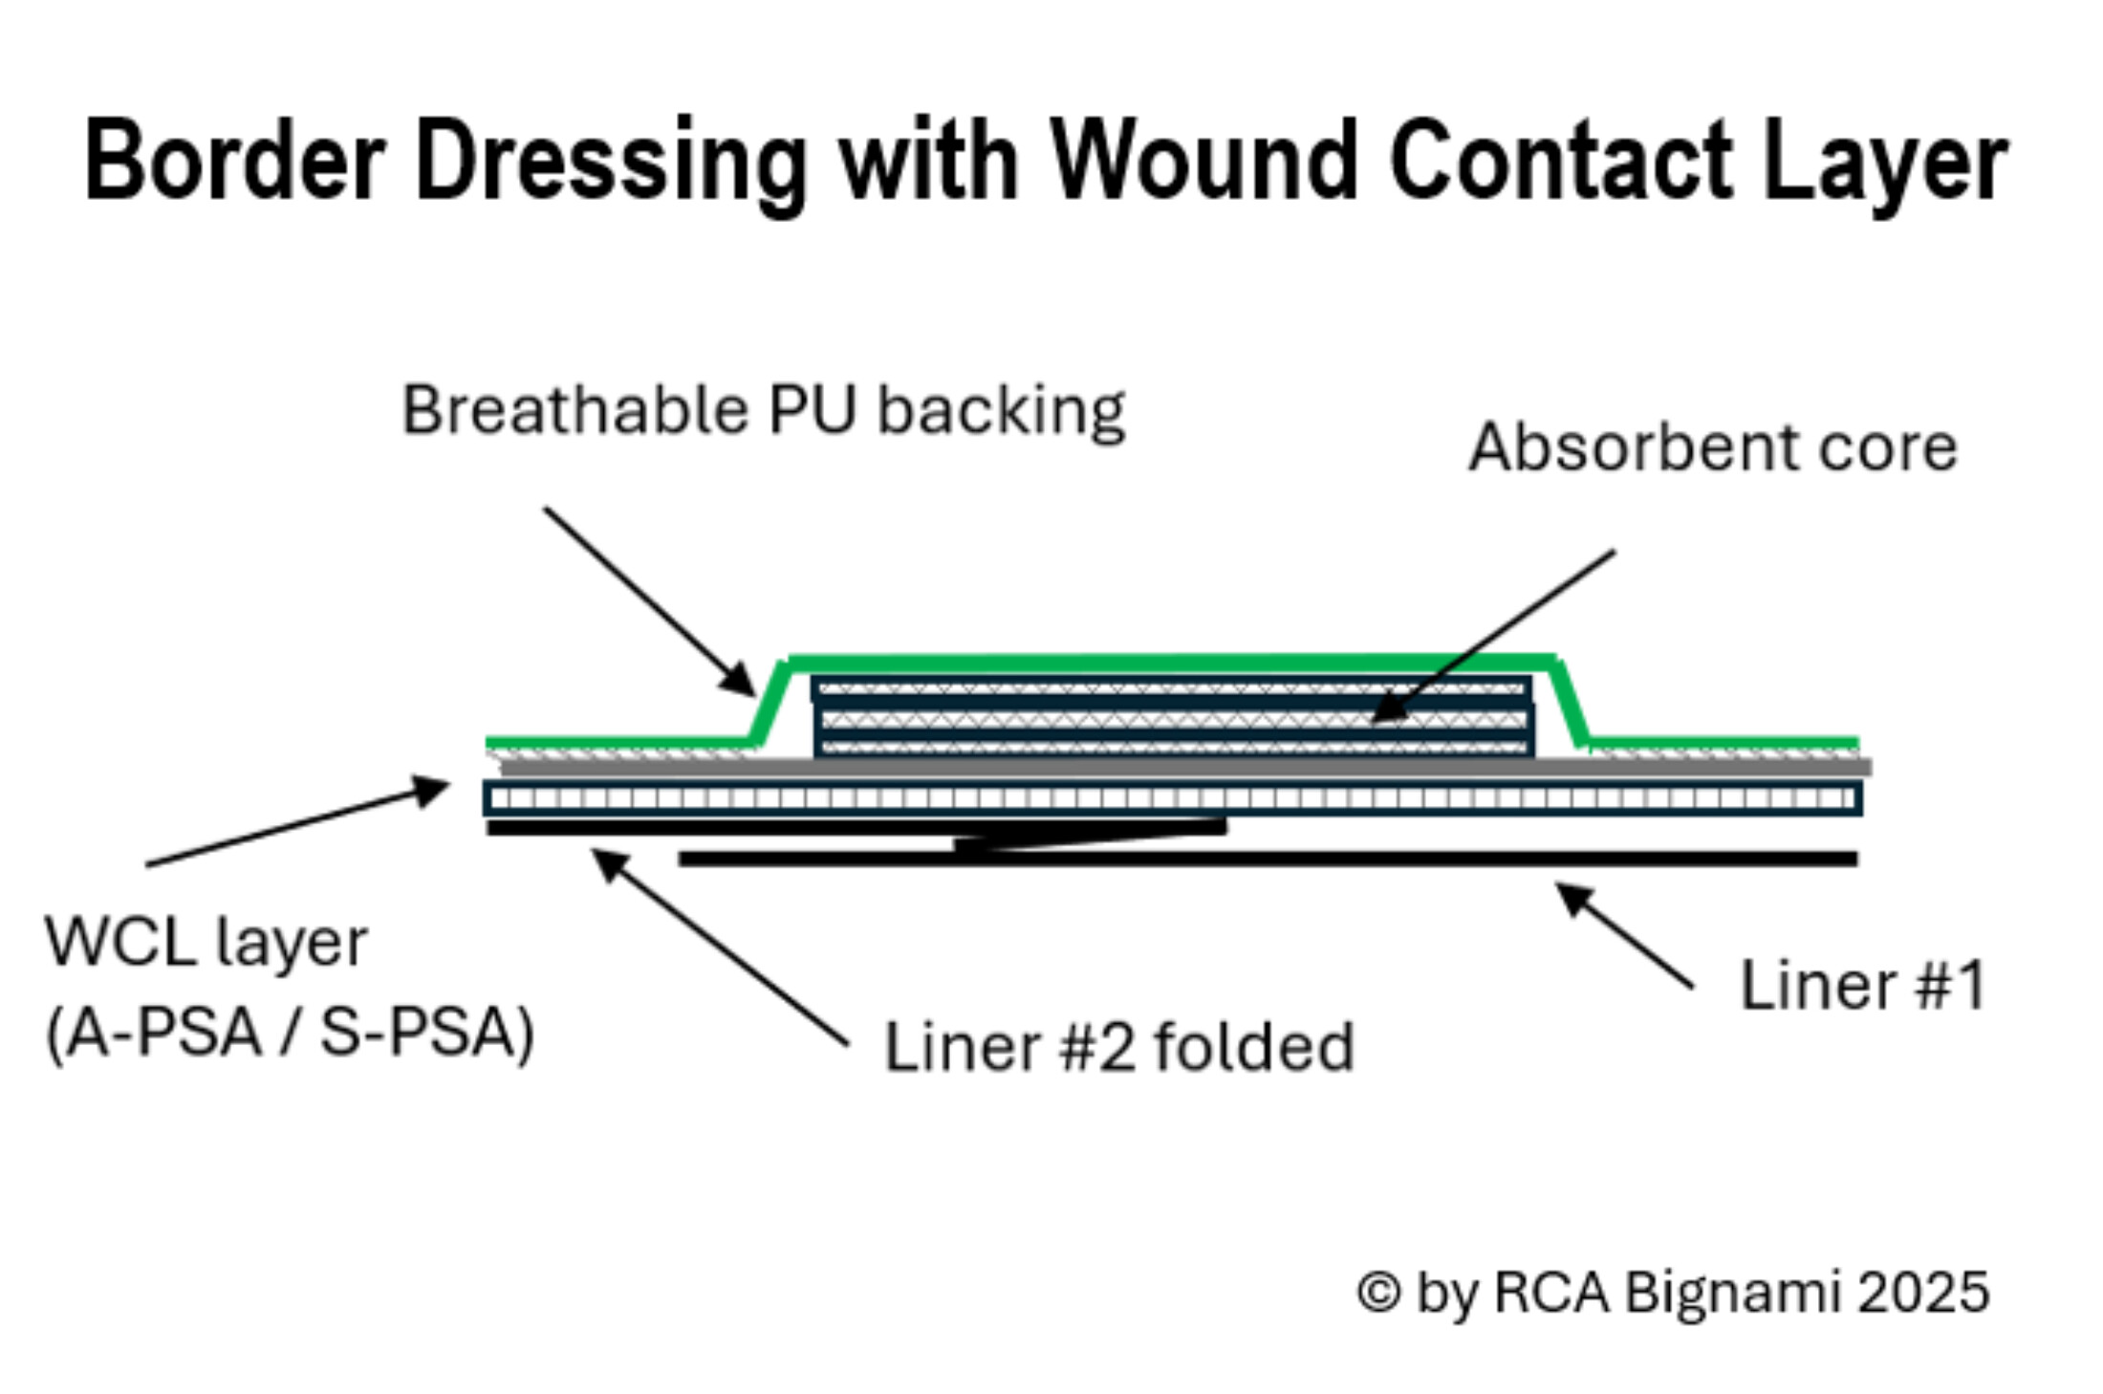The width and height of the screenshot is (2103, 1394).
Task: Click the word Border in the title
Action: coord(234,161)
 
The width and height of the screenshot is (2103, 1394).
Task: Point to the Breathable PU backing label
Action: coord(763,411)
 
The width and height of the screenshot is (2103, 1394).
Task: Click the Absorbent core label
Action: coord(1712,447)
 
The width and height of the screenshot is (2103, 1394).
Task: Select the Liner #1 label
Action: coord(1862,985)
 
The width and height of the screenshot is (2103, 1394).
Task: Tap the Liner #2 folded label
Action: coord(1118,1047)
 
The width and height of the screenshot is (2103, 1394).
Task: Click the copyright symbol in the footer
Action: coord(1378,1292)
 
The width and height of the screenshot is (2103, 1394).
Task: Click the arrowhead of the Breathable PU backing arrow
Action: coord(742,683)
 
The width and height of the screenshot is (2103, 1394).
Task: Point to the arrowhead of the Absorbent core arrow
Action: coord(1384,711)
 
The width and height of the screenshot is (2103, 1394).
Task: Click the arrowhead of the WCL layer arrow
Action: coord(435,789)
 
